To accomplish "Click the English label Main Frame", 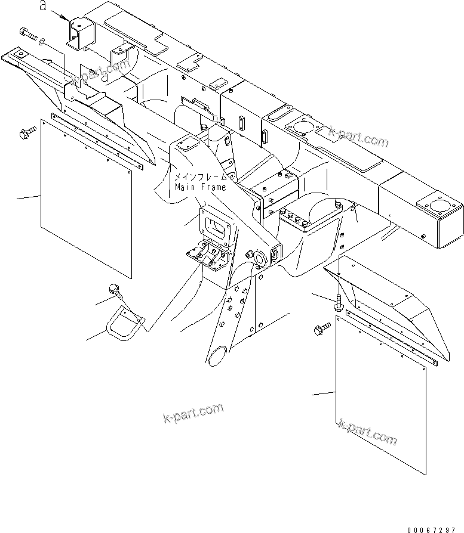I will [201, 187].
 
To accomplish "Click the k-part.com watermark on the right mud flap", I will [367, 433].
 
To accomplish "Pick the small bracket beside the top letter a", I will [81, 34].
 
